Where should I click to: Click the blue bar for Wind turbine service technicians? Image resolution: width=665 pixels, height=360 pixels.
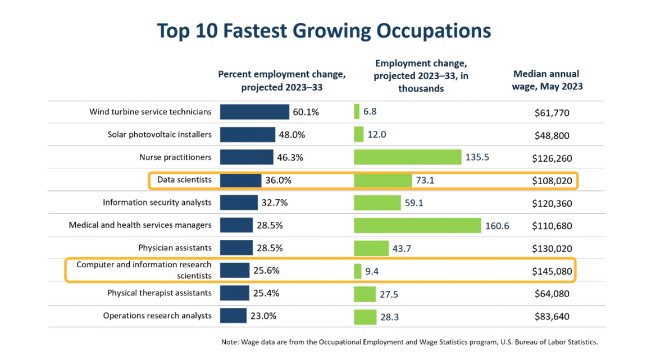pyautogui.click(x=254, y=112)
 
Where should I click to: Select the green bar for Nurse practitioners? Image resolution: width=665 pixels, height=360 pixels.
pyautogui.click(x=407, y=157)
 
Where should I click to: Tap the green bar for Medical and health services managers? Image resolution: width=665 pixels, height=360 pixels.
pyautogui.click(x=417, y=225)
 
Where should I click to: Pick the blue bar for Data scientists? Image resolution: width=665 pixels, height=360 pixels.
pyautogui.click(x=240, y=180)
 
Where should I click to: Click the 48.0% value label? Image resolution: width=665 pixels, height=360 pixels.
pyautogui.click(x=291, y=135)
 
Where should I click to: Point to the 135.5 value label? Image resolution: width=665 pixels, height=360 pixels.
pyautogui.click(x=477, y=157)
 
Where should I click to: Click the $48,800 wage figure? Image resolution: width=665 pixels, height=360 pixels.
pyautogui.click(x=552, y=135)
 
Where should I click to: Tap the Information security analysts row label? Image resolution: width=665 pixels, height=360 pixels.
pyautogui.click(x=157, y=202)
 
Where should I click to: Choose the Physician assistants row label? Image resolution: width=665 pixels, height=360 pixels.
pyautogui.click(x=175, y=248)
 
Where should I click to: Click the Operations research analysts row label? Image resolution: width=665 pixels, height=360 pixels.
pyautogui.click(x=157, y=316)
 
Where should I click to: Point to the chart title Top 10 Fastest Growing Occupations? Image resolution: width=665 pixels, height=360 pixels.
pyautogui.click(x=324, y=30)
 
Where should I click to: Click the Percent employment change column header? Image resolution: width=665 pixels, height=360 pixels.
pyautogui.click(x=281, y=80)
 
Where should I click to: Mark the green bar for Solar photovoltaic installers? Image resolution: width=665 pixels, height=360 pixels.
pyautogui.click(x=358, y=135)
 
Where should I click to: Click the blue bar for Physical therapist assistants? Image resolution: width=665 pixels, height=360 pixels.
pyautogui.click(x=234, y=293)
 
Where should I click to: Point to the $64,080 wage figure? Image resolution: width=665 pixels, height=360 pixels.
pyautogui.click(x=552, y=293)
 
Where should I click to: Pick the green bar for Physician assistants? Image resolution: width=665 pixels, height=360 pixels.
pyautogui.click(x=371, y=248)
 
